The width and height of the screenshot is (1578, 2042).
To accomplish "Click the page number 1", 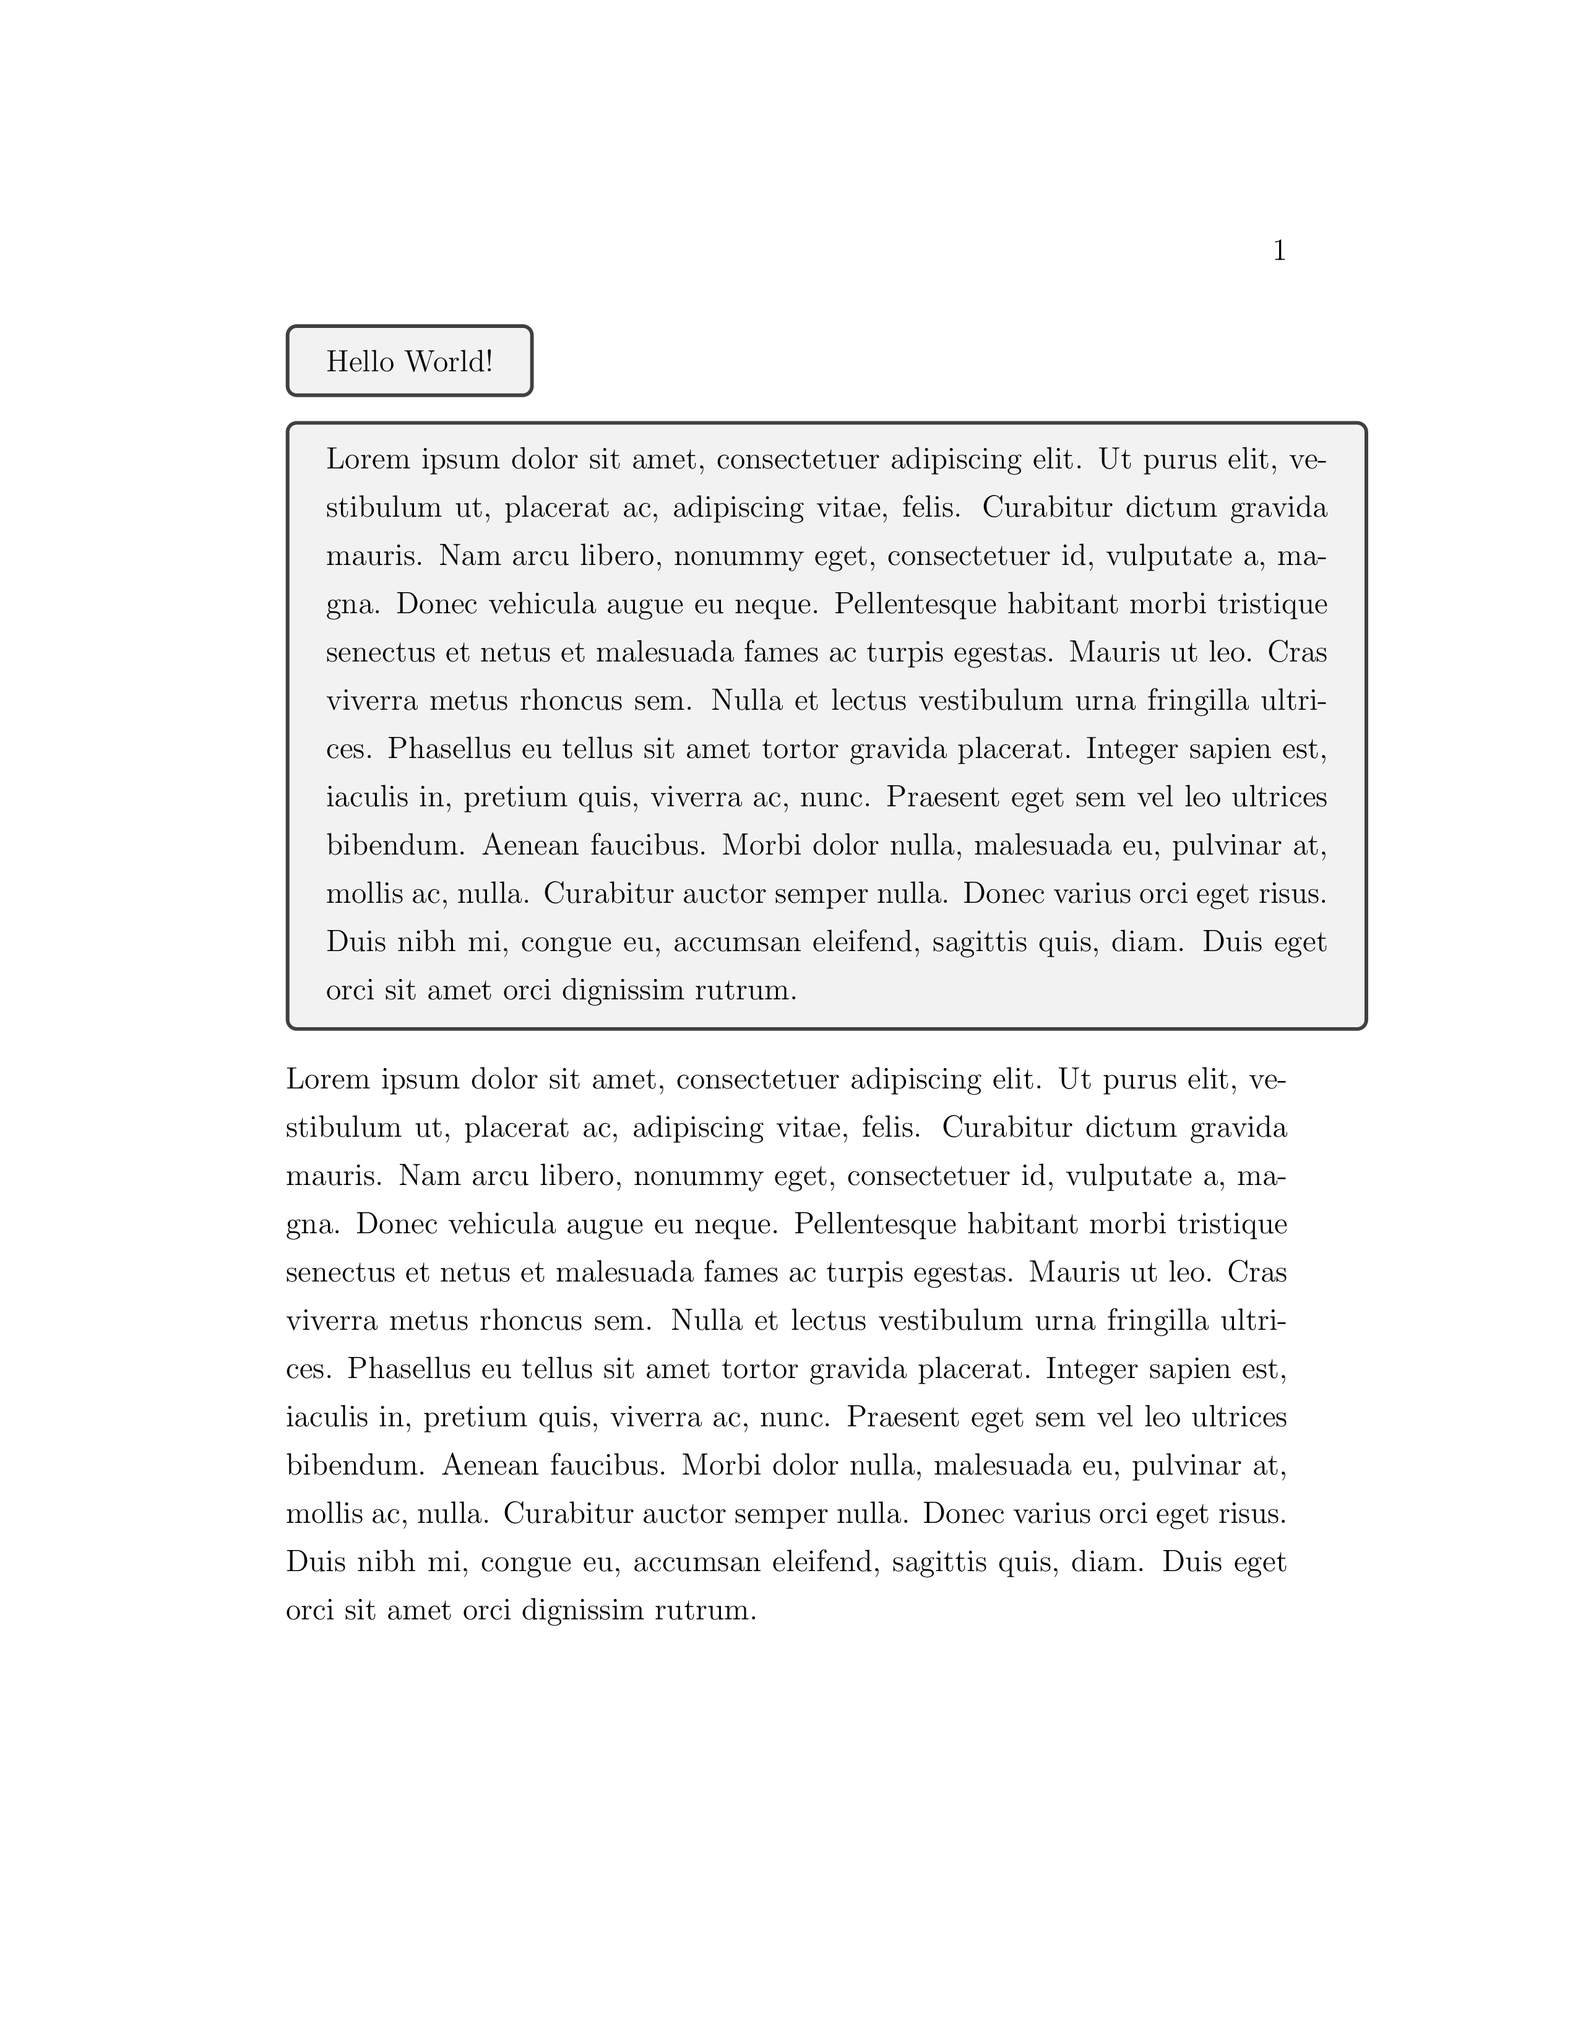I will (x=1279, y=251).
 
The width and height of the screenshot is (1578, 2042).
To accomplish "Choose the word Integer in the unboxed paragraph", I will (x=1084, y=1370).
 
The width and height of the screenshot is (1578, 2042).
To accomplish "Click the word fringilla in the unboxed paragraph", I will (x=1158, y=1321).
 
